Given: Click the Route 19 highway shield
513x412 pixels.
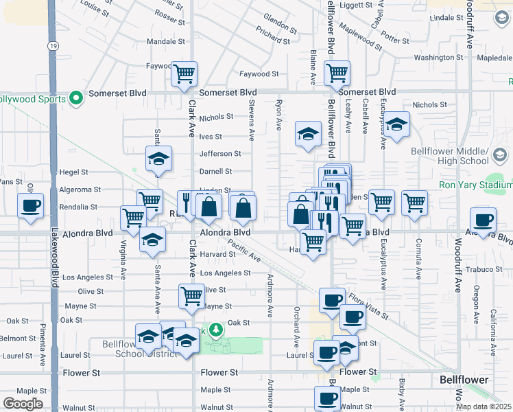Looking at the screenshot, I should tap(53, 45).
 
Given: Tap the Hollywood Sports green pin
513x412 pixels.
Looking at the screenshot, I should tap(76, 99).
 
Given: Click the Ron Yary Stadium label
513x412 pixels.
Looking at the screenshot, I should tap(475, 185).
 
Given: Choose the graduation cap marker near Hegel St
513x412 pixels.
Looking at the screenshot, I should tap(159, 159).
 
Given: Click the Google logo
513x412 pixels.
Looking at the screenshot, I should tap(22, 404).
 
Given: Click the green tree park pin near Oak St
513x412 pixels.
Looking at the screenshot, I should tap(216, 330).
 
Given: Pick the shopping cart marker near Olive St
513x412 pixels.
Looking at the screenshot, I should tap(191, 296).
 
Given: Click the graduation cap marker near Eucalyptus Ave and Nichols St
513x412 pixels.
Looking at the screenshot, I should tap(396, 125).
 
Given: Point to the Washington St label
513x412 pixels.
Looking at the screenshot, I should tap(439, 58).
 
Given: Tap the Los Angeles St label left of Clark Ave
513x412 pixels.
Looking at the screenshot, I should tap(88, 277).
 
